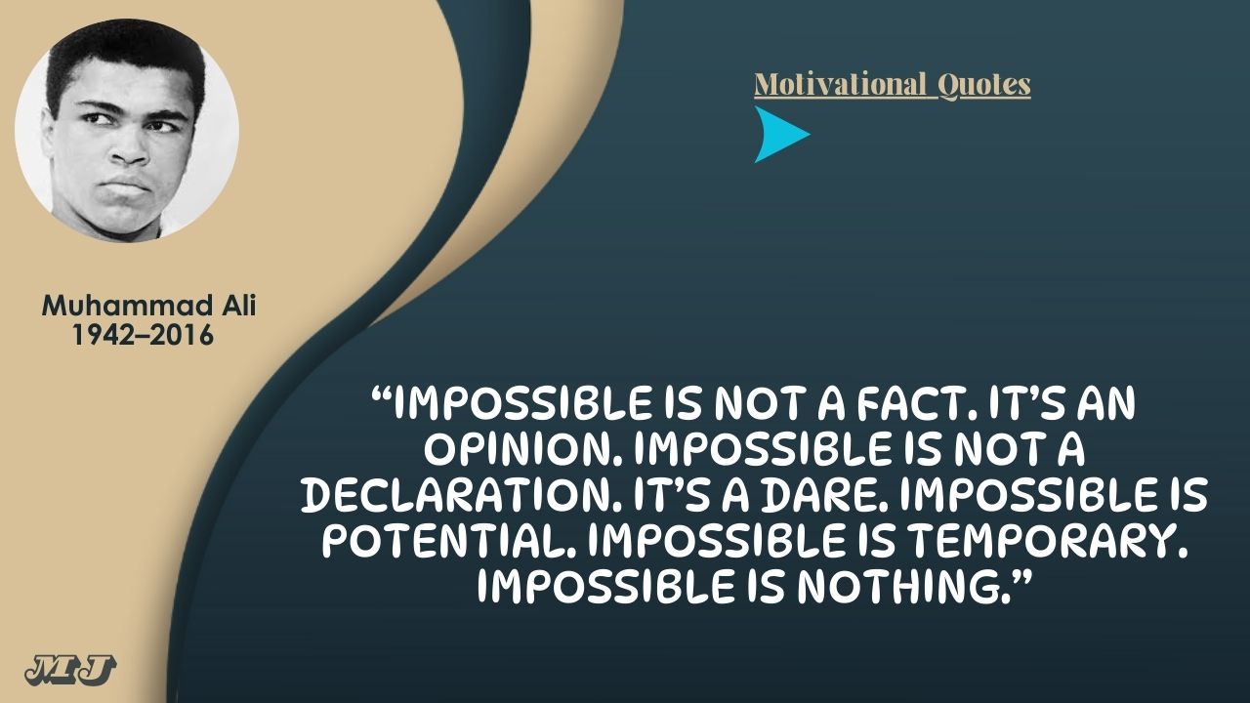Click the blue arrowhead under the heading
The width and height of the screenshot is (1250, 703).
779,135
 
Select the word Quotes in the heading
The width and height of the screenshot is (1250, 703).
983,85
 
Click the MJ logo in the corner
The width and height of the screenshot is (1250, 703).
70,670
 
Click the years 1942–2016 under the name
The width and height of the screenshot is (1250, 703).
144,335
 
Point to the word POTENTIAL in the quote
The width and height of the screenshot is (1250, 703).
448,541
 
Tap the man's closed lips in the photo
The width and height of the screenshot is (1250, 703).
126,186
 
